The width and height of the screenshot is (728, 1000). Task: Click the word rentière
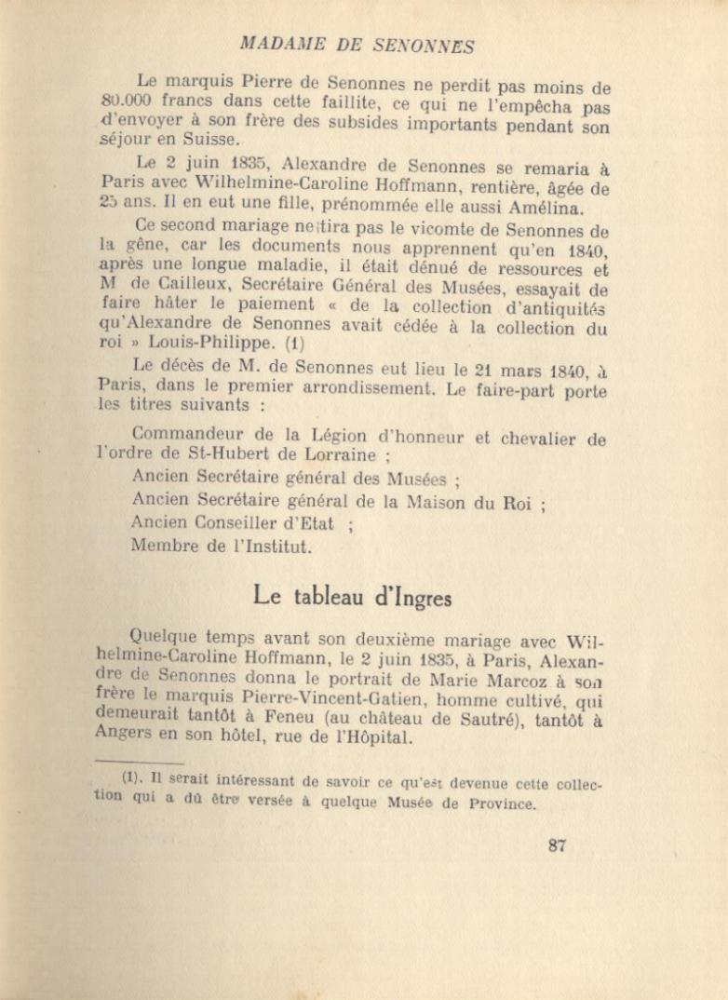coord(479,187)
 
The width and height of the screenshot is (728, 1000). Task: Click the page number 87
coord(558,845)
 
